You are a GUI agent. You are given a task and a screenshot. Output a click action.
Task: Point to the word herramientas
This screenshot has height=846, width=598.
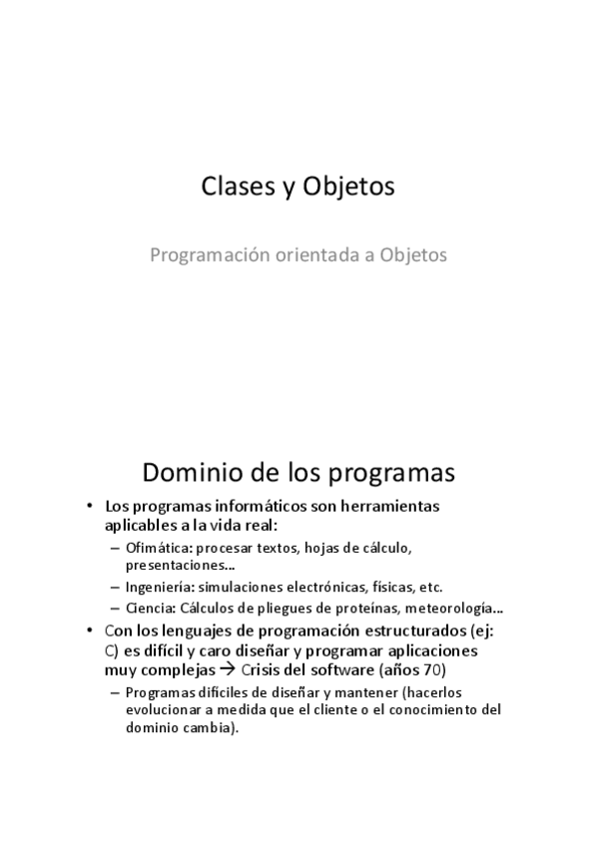(x=390, y=506)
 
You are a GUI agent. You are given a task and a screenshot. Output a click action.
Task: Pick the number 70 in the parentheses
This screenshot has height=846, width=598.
(x=429, y=669)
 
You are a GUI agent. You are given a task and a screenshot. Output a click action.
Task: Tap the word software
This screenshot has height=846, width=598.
(x=342, y=669)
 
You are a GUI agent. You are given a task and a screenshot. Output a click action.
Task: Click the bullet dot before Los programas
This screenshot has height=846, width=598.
(x=89, y=507)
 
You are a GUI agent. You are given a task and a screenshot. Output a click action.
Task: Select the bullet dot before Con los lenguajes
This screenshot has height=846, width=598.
(x=89, y=633)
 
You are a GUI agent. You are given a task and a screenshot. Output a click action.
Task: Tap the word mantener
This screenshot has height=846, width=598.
(x=333, y=692)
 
